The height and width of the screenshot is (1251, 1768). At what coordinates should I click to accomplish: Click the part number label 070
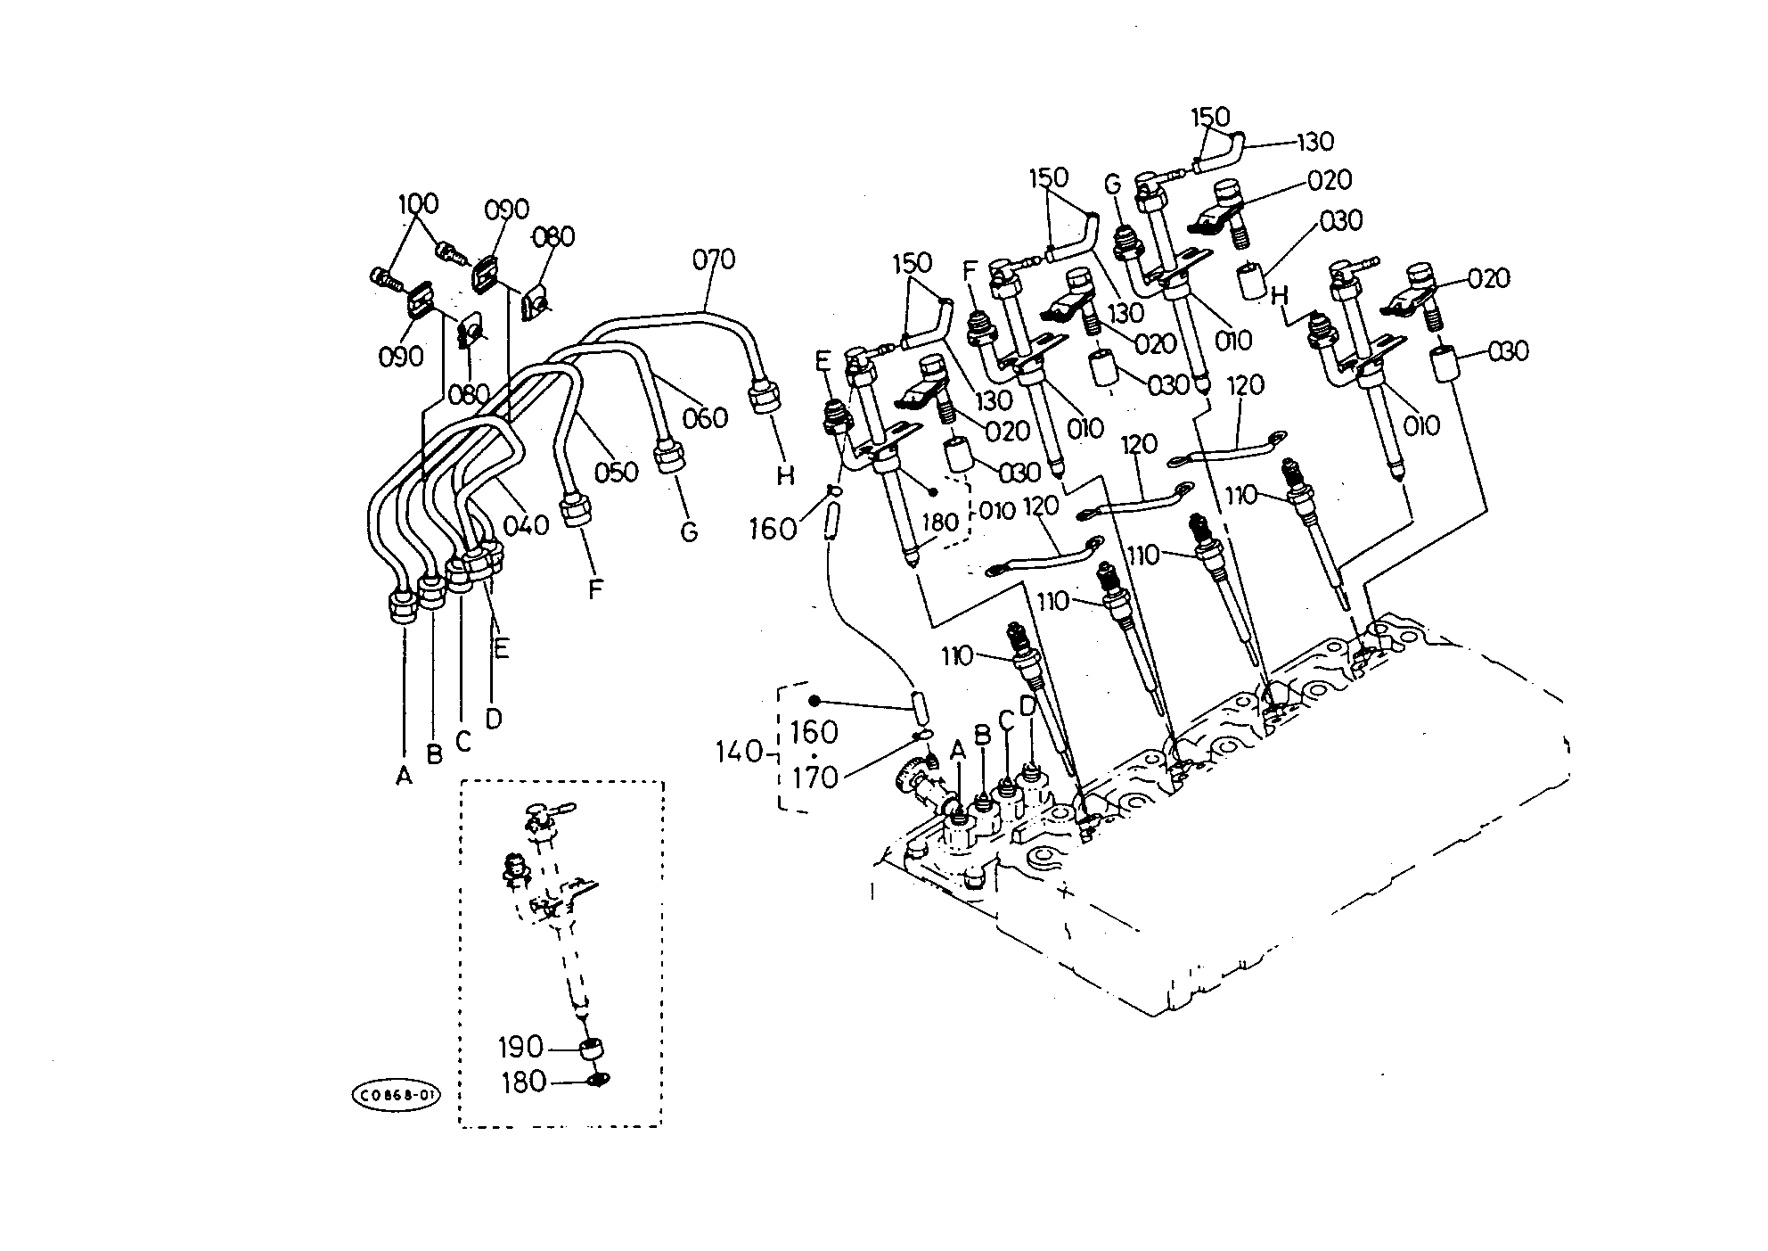click(714, 260)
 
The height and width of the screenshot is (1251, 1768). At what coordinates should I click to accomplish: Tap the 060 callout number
click(706, 418)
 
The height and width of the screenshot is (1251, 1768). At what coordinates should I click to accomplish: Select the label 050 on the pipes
click(617, 472)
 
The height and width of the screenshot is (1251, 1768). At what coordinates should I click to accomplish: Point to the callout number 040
click(526, 525)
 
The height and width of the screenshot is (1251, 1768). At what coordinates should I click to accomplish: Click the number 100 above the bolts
click(418, 204)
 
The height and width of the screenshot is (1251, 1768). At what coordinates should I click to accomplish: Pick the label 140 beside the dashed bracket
click(740, 753)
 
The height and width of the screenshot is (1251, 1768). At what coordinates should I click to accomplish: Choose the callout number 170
click(815, 778)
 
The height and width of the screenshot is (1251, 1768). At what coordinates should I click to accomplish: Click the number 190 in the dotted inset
click(521, 1046)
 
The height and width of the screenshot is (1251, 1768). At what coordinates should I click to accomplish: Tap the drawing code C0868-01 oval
click(397, 1095)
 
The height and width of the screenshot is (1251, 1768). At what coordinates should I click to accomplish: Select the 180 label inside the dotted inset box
click(523, 1082)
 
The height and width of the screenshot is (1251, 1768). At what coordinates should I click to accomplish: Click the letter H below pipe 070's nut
click(784, 476)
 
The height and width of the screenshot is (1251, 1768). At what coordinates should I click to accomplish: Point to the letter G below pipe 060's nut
click(688, 532)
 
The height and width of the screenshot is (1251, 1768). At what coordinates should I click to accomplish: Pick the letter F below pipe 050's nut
click(595, 589)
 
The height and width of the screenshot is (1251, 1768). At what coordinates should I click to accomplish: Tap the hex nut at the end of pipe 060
click(669, 456)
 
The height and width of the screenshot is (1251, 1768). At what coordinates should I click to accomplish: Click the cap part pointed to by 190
click(591, 1049)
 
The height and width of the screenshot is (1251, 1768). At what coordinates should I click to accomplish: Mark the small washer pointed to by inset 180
click(598, 1081)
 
